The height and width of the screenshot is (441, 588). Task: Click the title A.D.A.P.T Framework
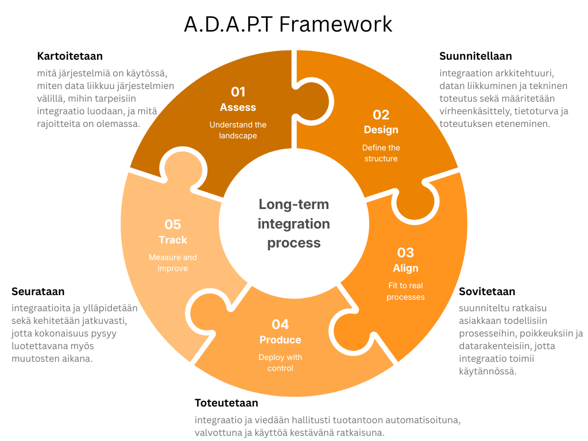pyautogui.click(x=288, y=24)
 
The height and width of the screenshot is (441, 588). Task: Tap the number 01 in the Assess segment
pyautogui.click(x=238, y=92)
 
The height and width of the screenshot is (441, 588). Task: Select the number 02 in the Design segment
pyautogui.click(x=381, y=115)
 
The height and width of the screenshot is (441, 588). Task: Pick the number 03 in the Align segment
pyautogui.click(x=405, y=253)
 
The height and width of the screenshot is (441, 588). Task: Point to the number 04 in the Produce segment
pyautogui.click(x=280, y=324)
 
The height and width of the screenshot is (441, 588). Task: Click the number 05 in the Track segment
pyautogui.click(x=173, y=225)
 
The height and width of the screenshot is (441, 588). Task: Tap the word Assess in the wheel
pyautogui.click(x=238, y=107)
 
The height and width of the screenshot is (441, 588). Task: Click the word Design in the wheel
pyautogui.click(x=381, y=130)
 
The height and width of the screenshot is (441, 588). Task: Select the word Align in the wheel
pyautogui.click(x=405, y=268)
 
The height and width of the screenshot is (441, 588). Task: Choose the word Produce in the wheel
pyautogui.click(x=280, y=340)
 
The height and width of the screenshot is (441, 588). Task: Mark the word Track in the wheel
pyautogui.click(x=173, y=240)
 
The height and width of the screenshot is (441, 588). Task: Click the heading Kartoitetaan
pyautogui.click(x=70, y=56)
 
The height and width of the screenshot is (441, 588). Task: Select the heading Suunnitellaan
pyautogui.click(x=475, y=56)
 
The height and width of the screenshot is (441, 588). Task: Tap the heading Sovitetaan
pyautogui.click(x=487, y=292)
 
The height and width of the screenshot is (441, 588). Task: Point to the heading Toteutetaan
pyautogui.click(x=226, y=403)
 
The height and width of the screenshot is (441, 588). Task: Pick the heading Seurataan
pyautogui.click(x=38, y=292)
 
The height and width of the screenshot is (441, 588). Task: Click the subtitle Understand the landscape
pyautogui.click(x=238, y=130)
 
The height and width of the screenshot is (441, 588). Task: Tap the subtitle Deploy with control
pyautogui.click(x=280, y=362)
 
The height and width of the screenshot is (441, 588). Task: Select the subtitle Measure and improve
pyautogui.click(x=173, y=262)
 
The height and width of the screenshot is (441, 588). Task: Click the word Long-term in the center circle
pyautogui.click(x=293, y=204)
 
